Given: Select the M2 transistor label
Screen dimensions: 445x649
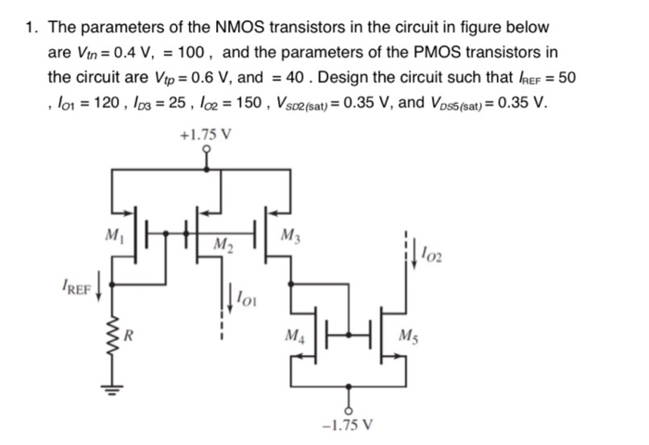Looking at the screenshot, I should pyautogui.click(x=222, y=245).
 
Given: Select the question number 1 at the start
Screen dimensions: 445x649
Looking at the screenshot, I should pyautogui.click(x=31, y=28).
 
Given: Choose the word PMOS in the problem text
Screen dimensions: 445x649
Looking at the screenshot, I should pyautogui.click(x=428, y=52).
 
